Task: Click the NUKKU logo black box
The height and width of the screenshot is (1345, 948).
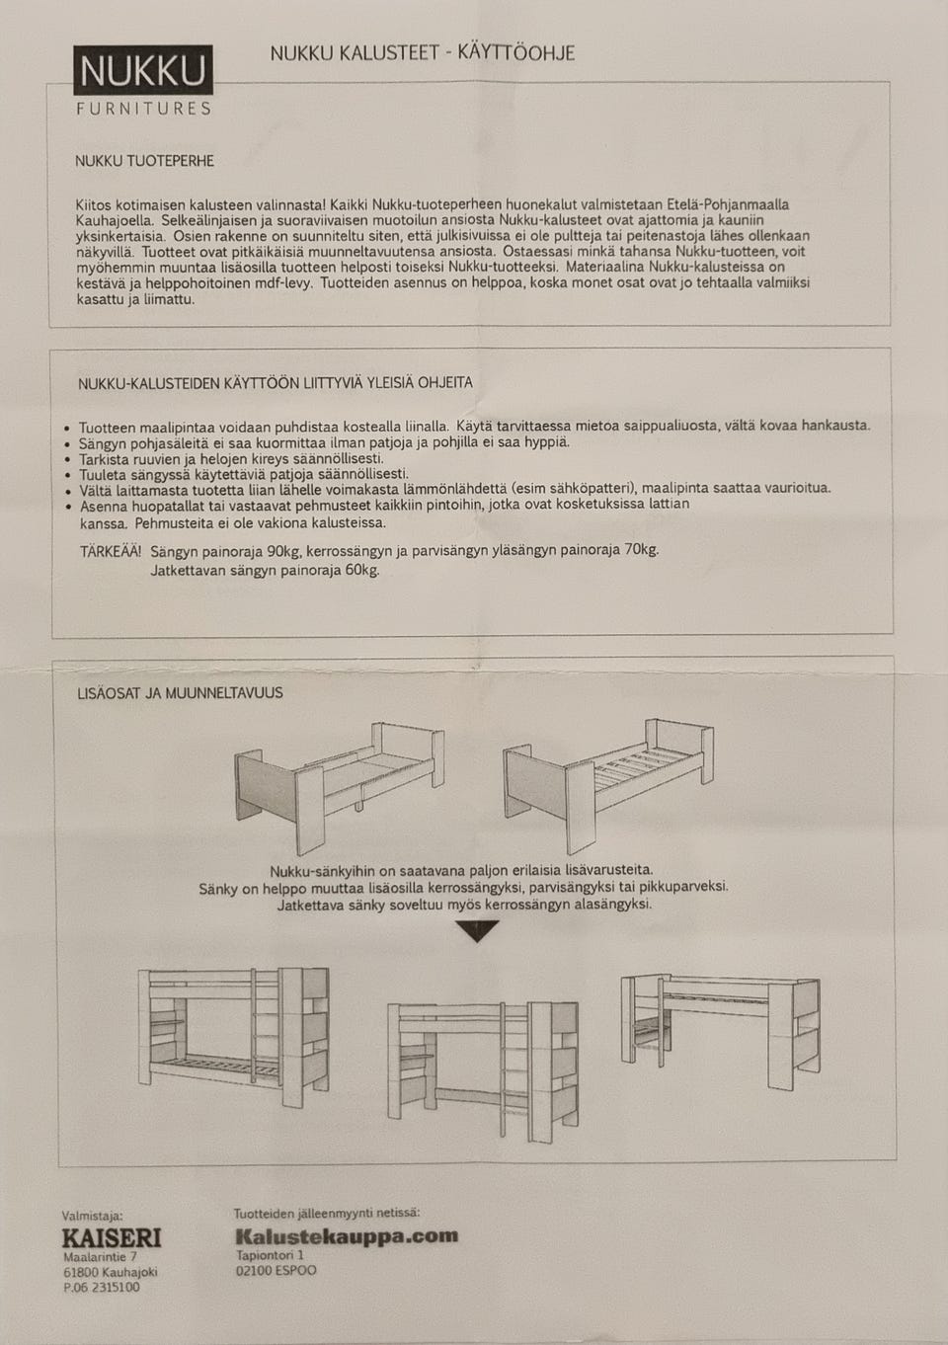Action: (142, 71)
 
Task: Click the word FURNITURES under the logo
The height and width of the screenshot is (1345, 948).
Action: (143, 109)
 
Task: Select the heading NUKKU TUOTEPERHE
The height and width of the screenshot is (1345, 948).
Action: (144, 160)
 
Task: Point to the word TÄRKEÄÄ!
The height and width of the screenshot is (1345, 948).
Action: (111, 551)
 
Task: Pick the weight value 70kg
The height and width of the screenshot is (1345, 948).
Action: (642, 549)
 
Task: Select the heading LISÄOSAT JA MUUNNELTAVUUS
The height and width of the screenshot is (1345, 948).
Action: (180, 693)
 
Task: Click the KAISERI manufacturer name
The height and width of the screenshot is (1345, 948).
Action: (112, 1238)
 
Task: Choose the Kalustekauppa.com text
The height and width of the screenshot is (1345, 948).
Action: (347, 1235)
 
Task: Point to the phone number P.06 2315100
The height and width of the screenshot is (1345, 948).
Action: (102, 1288)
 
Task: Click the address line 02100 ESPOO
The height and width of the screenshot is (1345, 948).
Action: (276, 1271)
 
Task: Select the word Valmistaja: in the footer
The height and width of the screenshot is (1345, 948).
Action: (93, 1217)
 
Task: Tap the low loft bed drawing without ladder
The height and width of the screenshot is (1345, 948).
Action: (721, 1022)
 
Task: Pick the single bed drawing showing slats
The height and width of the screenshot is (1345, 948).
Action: (607, 780)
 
